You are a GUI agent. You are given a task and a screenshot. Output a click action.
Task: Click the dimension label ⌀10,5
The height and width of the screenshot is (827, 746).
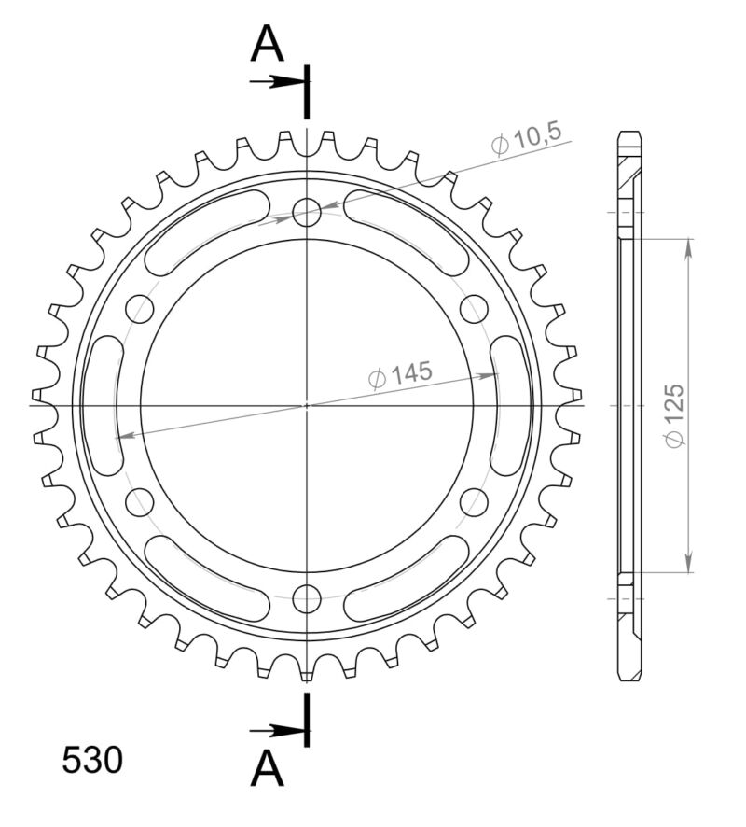point(527,139)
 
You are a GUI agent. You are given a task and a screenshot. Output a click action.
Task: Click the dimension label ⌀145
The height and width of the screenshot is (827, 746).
point(401,375)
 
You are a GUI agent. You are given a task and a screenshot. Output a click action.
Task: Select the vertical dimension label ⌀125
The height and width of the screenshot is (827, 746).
point(675,414)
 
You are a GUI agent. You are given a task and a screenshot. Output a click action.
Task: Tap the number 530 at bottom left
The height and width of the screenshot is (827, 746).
point(92,761)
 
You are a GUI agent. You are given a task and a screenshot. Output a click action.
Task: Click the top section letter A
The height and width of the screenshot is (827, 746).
point(267,44)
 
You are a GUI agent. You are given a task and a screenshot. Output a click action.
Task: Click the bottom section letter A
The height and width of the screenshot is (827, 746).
point(267,769)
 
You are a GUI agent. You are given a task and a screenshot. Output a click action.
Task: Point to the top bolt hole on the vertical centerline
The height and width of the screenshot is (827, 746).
point(307,213)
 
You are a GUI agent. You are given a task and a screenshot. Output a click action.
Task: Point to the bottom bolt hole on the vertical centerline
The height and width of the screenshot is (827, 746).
point(307,596)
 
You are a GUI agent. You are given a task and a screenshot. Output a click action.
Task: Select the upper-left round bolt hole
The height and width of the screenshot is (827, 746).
point(140,308)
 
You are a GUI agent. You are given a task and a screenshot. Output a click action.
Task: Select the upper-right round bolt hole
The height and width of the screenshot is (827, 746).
point(474,308)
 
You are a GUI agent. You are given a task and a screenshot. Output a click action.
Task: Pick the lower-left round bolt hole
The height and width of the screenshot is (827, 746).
point(140,501)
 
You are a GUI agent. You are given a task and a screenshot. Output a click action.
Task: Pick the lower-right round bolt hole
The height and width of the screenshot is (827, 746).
point(474,501)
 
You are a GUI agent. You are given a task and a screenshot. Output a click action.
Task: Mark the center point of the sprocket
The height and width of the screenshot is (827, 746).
point(307,405)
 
